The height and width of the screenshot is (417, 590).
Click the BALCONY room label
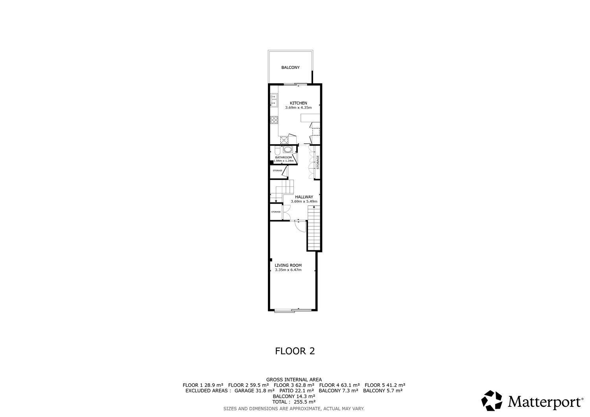(x=290, y=67)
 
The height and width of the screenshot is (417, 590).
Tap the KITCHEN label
(x=299, y=103)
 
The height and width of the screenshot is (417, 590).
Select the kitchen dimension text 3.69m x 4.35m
(x=299, y=108)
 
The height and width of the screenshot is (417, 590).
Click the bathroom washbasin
(x=287, y=150)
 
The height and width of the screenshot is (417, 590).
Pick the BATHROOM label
(x=284, y=158)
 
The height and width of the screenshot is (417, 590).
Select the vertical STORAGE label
(x=318, y=162)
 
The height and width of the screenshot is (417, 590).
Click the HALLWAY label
(x=304, y=197)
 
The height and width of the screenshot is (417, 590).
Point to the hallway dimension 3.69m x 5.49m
(x=304, y=201)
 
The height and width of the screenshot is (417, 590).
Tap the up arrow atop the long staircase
(x=314, y=207)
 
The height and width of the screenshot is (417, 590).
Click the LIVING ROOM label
(x=288, y=265)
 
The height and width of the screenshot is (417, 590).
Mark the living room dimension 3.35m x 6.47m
(x=288, y=270)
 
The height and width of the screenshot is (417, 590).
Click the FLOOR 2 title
(x=295, y=351)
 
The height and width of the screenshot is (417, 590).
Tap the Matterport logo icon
(x=492, y=400)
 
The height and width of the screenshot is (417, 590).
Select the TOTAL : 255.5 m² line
(x=294, y=402)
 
